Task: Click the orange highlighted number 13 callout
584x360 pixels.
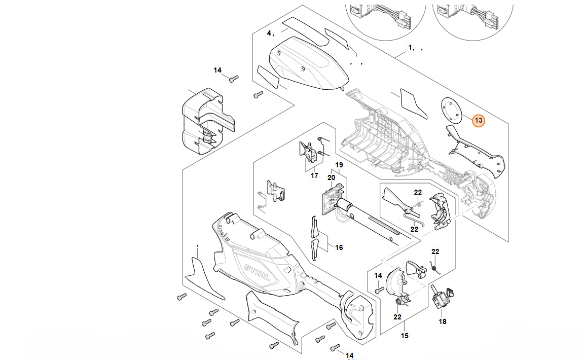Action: [x=478, y=121]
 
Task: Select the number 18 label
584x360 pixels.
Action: [x=443, y=321]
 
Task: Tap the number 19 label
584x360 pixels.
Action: [x=339, y=165]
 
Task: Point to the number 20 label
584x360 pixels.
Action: [x=331, y=177]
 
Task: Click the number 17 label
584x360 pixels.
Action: [x=314, y=175]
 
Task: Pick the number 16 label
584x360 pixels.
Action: [x=339, y=247]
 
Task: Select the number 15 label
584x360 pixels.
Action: [x=405, y=336]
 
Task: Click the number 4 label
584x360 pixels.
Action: [x=270, y=33]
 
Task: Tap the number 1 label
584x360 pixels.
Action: [x=411, y=48]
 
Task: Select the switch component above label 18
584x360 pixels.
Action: [x=442, y=298]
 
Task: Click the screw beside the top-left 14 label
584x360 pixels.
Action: [x=233, y=79]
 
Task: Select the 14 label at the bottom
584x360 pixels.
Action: [x=349, y=355]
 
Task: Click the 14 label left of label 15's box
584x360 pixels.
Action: [x=378, y=275]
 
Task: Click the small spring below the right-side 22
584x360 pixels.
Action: [x=432, y=266]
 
